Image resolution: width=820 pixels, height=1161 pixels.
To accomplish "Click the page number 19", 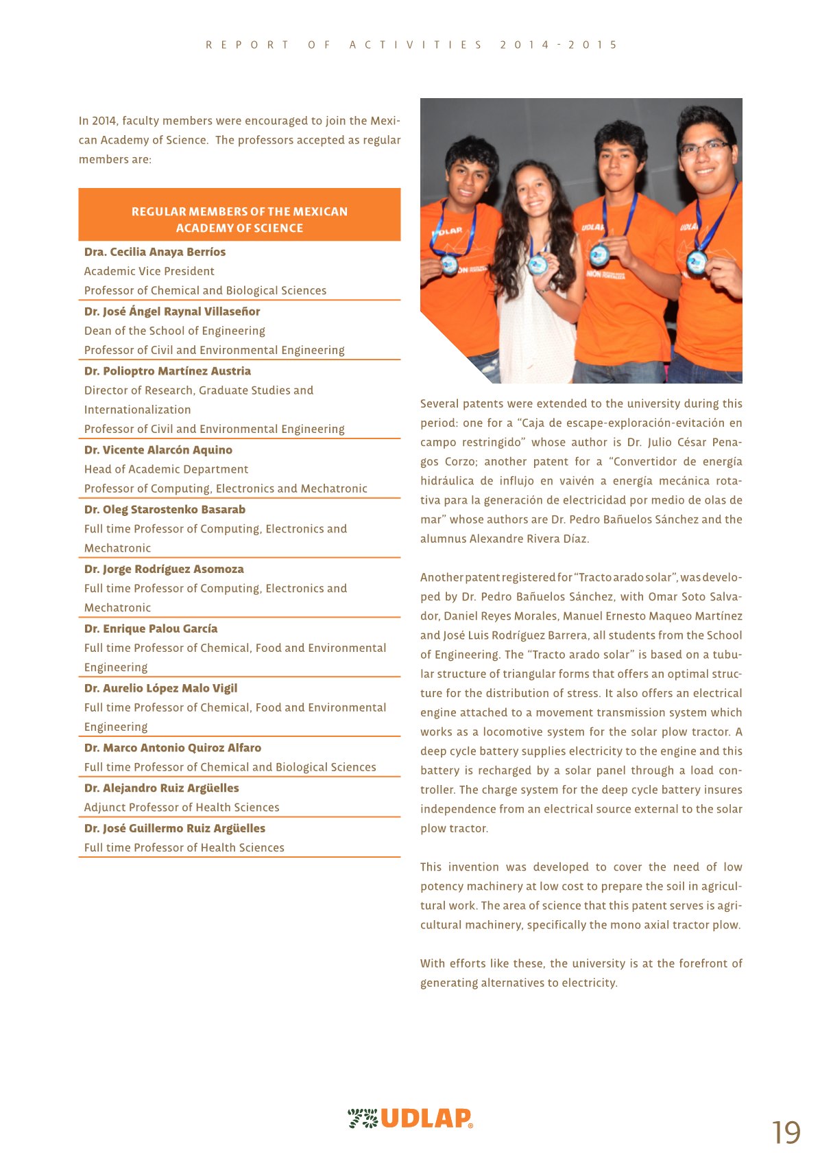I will coord(786,1132).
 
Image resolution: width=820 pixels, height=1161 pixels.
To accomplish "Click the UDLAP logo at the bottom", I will coord(410,1118).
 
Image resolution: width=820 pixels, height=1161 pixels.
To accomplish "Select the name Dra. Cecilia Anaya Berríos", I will coord(155,252).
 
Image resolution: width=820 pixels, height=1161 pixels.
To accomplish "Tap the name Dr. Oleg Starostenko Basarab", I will coord(165,510).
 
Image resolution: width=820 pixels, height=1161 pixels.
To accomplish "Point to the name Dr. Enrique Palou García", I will coord(151,629).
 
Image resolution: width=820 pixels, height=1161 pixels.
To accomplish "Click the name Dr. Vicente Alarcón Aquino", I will coord(158,450).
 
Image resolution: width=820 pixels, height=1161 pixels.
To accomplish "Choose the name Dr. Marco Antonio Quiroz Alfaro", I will coord(173,748).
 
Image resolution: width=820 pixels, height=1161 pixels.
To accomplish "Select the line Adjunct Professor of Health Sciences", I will coord(182,808).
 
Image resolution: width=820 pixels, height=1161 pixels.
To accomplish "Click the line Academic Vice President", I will coord(149,272).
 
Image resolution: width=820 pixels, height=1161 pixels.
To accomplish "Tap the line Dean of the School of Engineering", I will coord(175,331).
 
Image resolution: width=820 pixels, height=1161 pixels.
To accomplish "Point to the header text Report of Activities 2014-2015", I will coord(411,45).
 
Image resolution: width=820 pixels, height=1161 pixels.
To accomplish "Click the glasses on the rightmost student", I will coord(705,148).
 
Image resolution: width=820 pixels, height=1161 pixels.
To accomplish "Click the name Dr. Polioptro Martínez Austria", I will coord(168,371).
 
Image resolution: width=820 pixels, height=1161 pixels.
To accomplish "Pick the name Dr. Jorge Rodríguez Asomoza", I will coord(164,570).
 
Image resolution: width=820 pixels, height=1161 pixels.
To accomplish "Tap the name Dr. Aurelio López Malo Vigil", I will coord(161,688).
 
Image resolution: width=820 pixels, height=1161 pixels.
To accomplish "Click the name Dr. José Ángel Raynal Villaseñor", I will coord(172,312).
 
